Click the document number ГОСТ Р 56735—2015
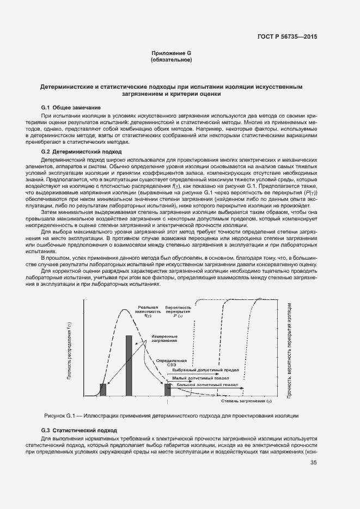point(286,36)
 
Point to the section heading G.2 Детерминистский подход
point(81,151)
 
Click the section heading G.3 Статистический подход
point(79,430)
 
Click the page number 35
point(313,463)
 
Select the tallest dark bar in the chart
point(129,365)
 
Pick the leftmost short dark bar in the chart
point(103,389)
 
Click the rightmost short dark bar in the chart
point(167,389)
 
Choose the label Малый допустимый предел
point(197,377)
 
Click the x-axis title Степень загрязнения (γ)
point(246,401)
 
